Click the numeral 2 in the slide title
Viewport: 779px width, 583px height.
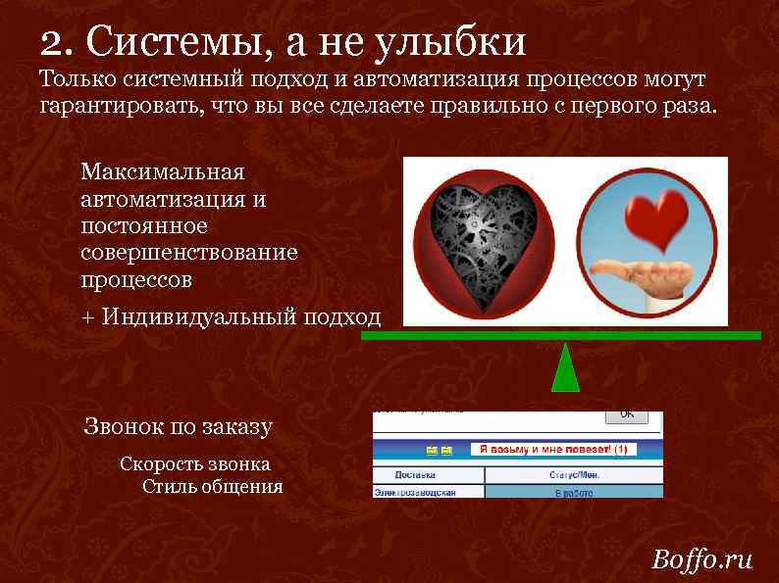[x=52, y=41]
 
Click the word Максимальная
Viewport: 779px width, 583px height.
[x=162, y=172]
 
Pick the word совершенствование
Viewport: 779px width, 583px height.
[x=188, y=253]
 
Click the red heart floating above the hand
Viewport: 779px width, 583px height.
[x=654, y=217]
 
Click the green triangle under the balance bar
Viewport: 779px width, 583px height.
[x=565, y=368]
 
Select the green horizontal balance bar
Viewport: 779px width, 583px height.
[x=560, y=335]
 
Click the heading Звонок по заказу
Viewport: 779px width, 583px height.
[x=178, y=426]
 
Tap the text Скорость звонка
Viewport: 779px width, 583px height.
[x=194, y=463]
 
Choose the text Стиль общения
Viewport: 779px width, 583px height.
[x=212, y=486]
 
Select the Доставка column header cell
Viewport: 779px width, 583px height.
[x=428, y=475]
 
